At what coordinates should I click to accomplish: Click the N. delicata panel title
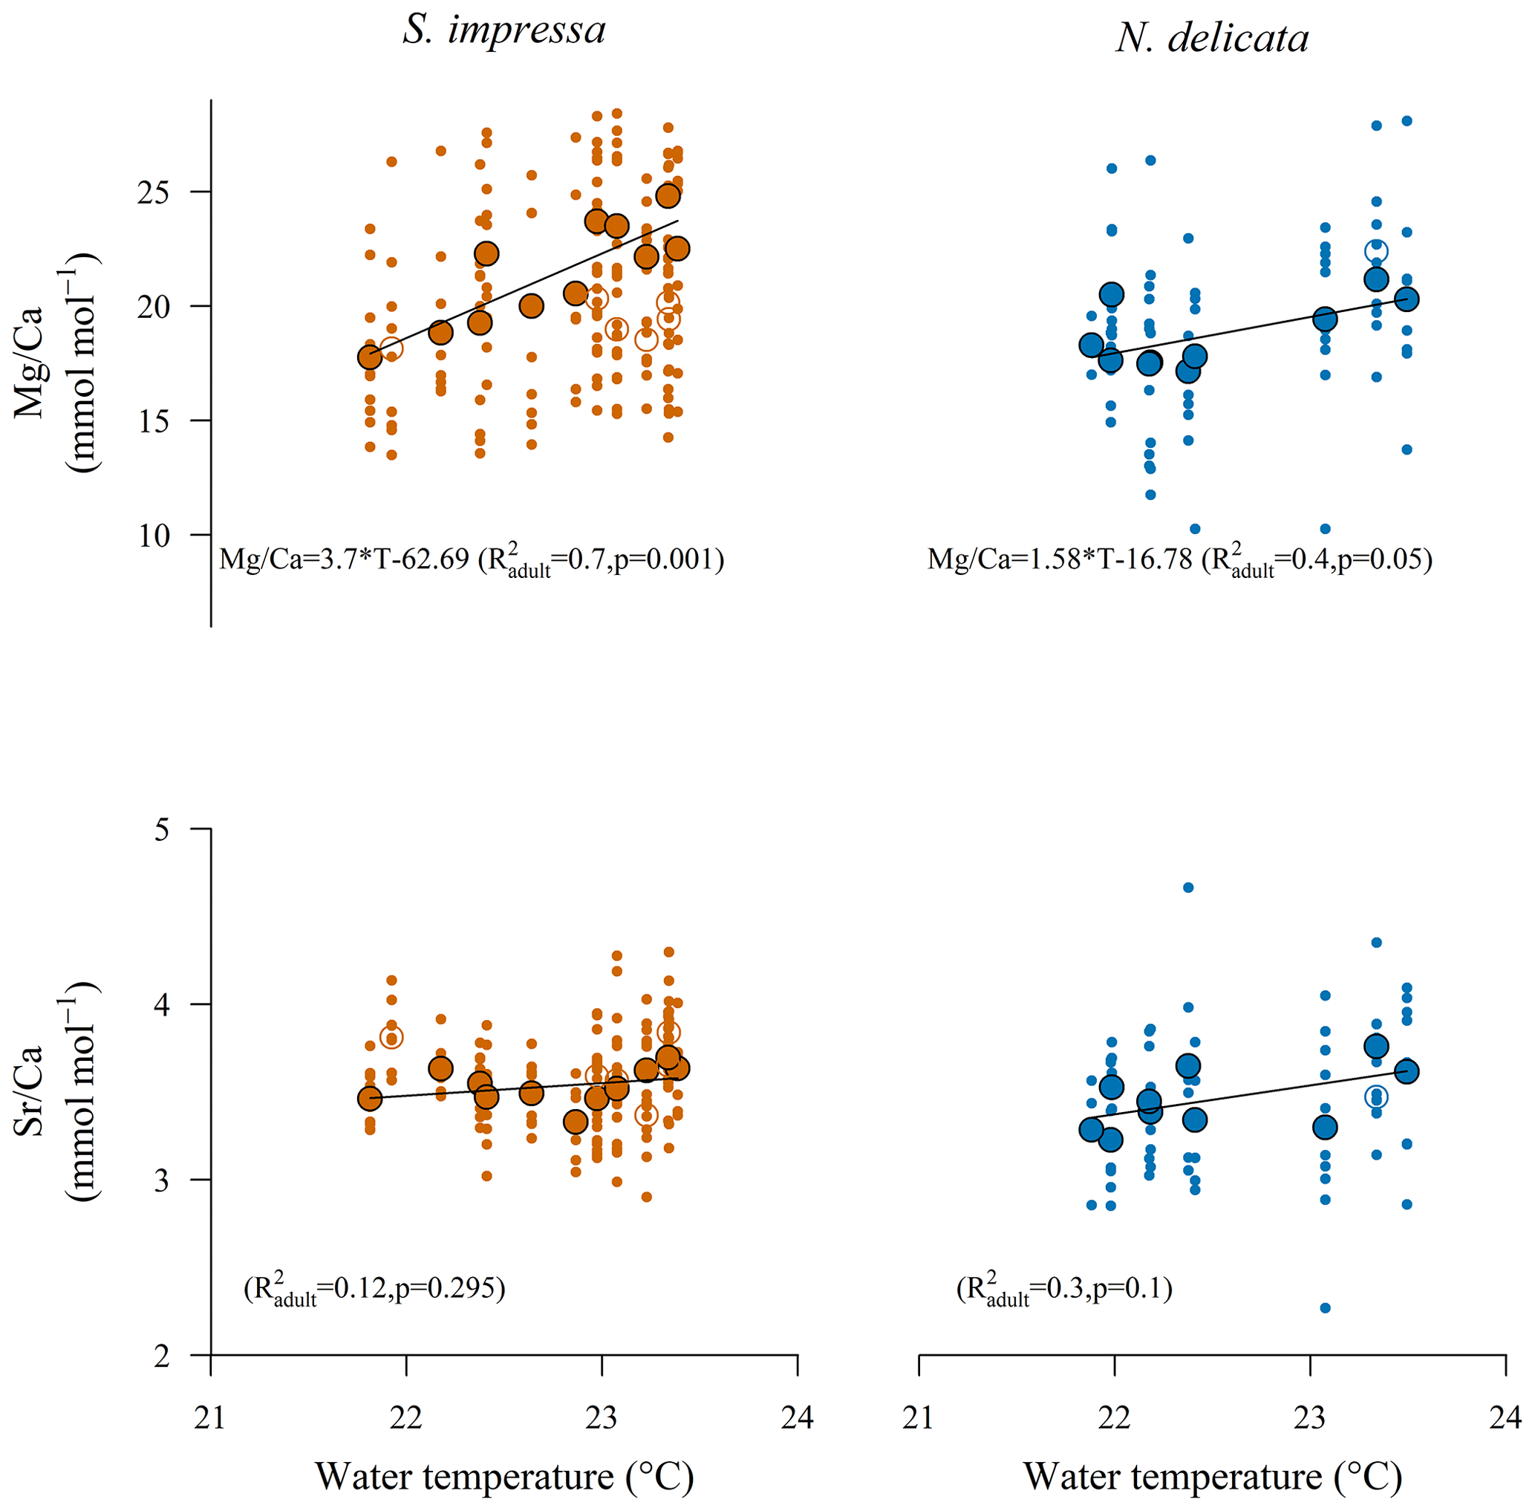tap(1212, 38)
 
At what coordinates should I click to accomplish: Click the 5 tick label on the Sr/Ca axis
tap(163, 830)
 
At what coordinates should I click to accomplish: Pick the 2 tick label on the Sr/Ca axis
tap(163, 1357)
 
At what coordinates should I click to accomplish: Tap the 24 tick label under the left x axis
tap(798, 1417)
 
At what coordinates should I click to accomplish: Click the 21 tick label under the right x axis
tap(919, 1417)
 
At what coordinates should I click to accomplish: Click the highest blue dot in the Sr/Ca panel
tap(1188, 887)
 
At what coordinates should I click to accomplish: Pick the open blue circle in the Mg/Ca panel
tap(1376, 252)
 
